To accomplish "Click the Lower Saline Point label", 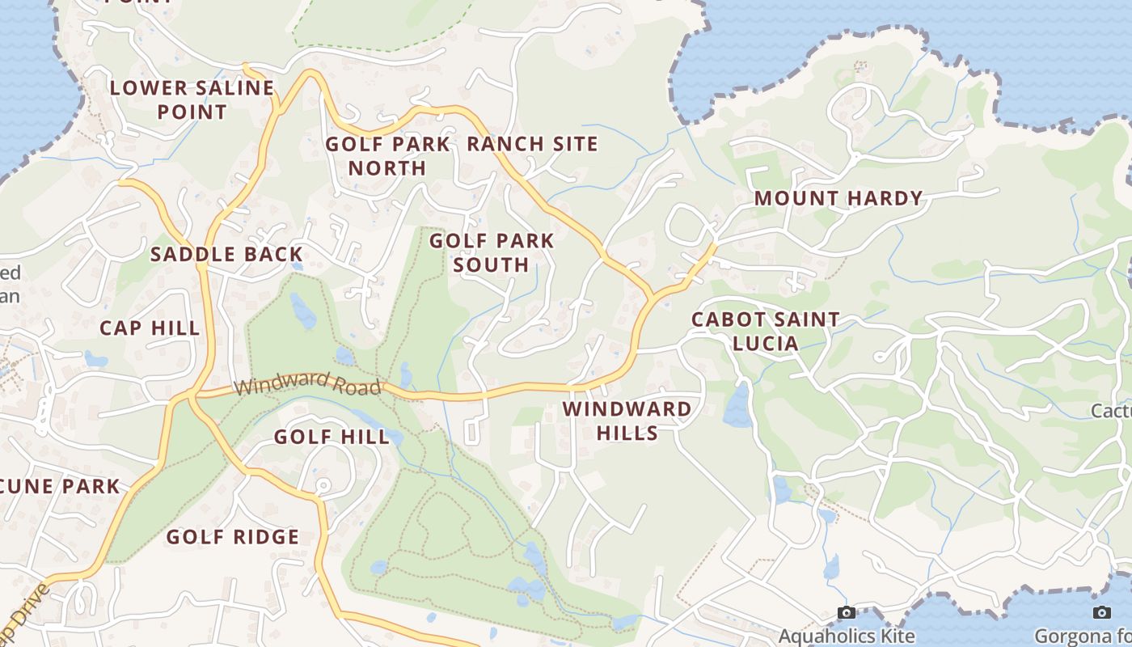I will pyautogui.click(x=192, y=99).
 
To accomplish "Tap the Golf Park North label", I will pyautogui.click(x=387, y=156).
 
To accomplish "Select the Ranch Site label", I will pyautogui.click(x=532, y=144).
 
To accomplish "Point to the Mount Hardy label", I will pyautogui.click(x=838, y=198).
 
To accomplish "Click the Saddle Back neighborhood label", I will pyautogui.click(x=226, y=254).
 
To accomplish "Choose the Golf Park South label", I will pyautogui.click(x=492, y=252).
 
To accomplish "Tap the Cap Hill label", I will pyautogui.click(x=150, y=328).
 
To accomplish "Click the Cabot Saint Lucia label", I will pyautogui.click(x=765, y=331).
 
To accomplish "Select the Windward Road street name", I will pyautogui.click(x=308, y=382).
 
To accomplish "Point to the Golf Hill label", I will pyautogui.click(x=332, y=437).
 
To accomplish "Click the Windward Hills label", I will pyautogui.click(x=627, y=421).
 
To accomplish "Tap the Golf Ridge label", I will pyautogui.click(x=233, y=536).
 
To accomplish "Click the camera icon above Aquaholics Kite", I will pyautogui.click(x=847, y=613).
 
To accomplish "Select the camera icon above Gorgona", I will pyautogui.click(x=1101, y=613).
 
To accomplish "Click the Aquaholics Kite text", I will pyautogui.click(x=847, y=636).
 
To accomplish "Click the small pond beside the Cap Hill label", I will pyautogui.click(x=95, y=358).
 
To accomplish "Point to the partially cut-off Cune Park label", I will pyautogui.click(x=61, y=486).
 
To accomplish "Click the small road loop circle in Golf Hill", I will pyautogui.click(x=323, y=485).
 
